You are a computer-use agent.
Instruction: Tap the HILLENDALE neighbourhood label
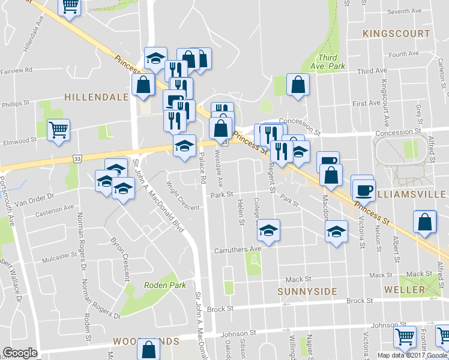pos(96,97)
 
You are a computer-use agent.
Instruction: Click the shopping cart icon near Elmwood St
pos(59,129)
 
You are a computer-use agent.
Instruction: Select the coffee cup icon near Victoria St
pos(362,188)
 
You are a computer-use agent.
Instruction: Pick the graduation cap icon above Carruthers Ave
pos(268,230)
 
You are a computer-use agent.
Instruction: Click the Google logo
pos(20,353)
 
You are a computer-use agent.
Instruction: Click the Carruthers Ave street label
pos(238,249)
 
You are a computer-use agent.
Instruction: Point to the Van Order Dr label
pos(34,196)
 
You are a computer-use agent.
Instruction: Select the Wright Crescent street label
pos(182,196)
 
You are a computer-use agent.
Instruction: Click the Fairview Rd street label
pos(16,70)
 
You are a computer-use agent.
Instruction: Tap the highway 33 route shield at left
pos(77,158)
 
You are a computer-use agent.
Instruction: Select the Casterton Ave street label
pos(54,209)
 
